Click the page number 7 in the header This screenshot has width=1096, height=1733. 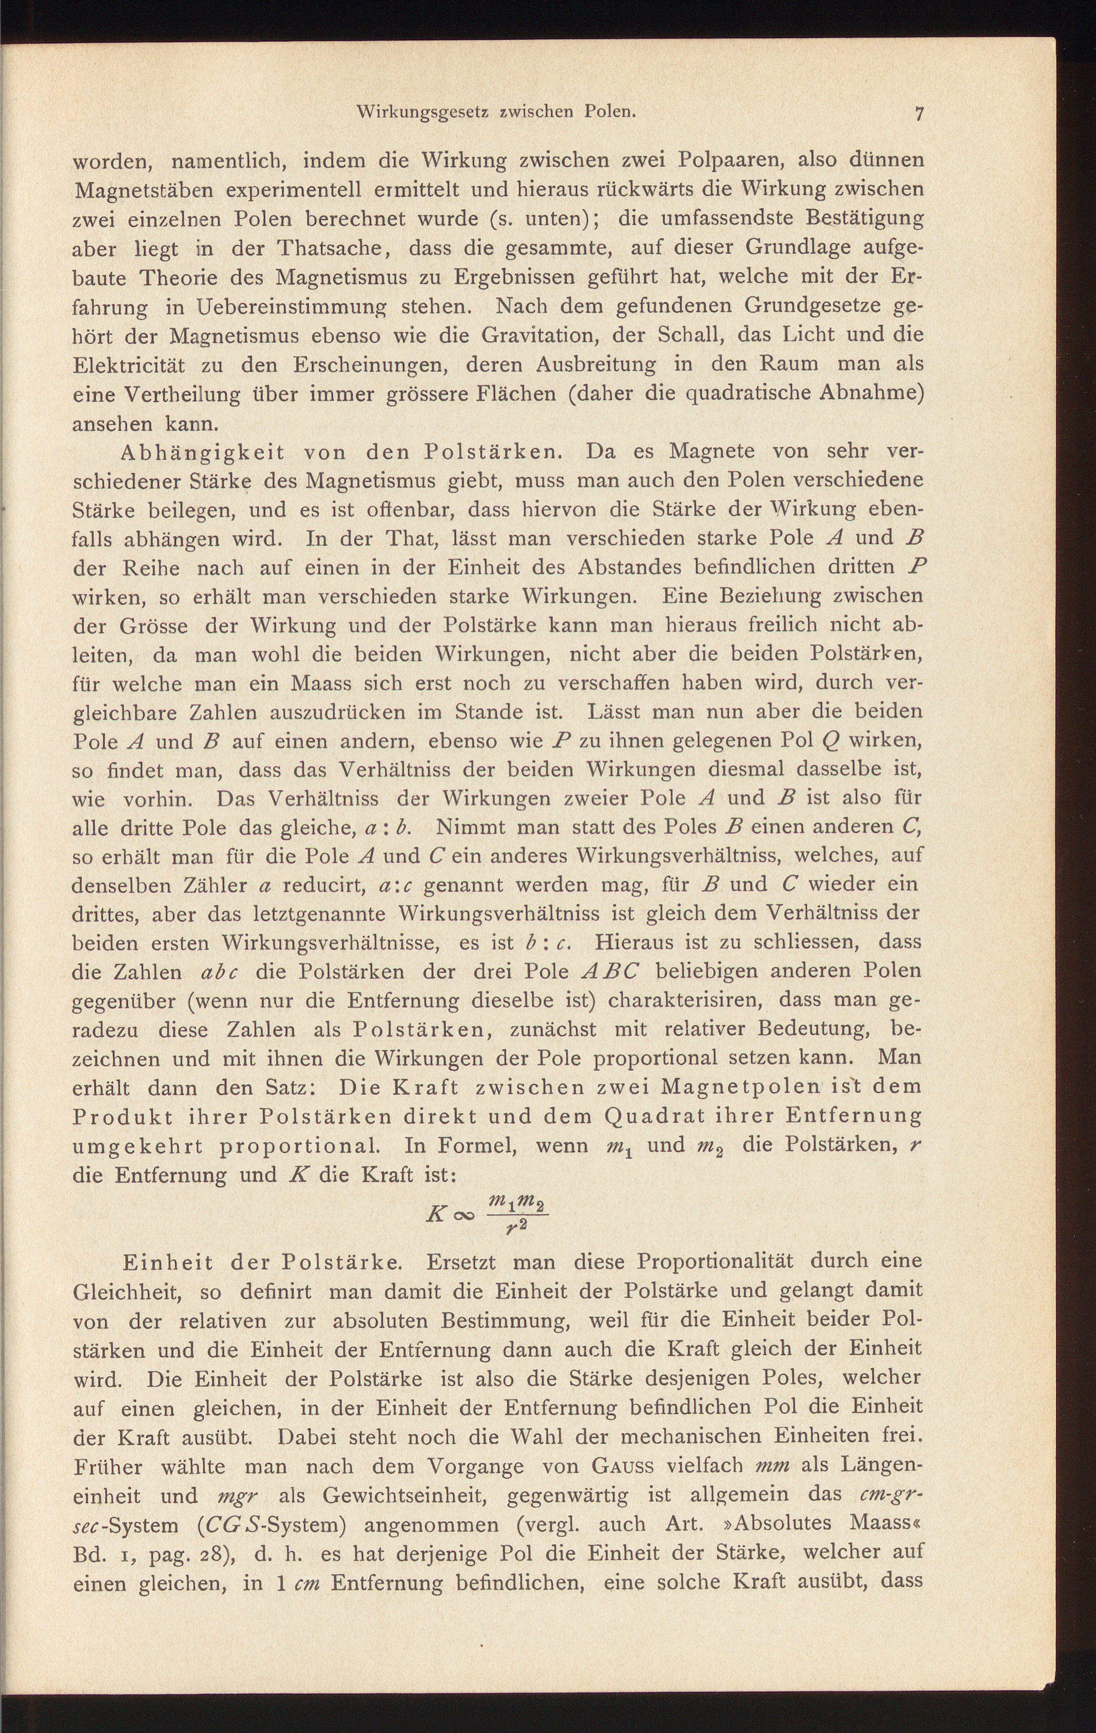click(919, 113)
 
